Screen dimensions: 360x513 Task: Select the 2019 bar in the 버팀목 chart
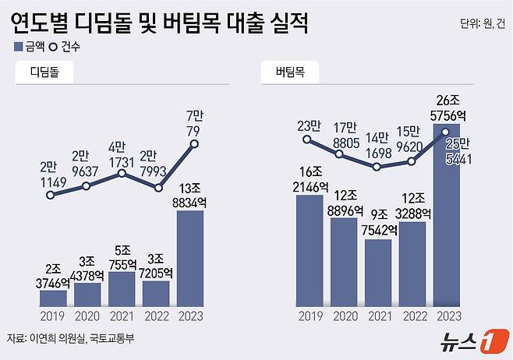[x=310, y=251]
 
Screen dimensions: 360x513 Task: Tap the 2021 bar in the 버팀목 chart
[x=378, y=273]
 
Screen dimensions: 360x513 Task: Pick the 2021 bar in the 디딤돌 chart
[x=122, y=288]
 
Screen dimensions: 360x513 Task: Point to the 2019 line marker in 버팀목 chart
[x=309, y=140]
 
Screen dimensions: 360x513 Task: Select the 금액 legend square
[x=18, y=47]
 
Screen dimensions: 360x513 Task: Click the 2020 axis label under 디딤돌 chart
[x=87, y=316]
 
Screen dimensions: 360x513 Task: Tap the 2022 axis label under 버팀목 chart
[x=412, y=316]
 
